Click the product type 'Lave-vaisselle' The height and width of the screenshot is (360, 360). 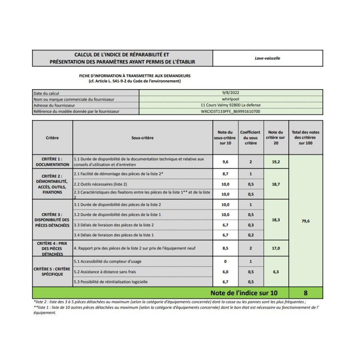267,58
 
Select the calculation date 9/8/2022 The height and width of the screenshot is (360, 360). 231,93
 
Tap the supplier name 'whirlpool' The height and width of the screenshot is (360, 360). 231,99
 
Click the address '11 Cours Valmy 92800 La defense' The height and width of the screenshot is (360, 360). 231,105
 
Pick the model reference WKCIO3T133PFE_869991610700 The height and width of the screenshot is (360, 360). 231,112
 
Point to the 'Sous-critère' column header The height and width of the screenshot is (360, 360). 142,138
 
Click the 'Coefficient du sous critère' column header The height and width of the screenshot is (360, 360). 250,138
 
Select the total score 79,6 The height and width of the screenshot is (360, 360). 305,221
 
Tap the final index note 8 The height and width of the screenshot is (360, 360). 305,293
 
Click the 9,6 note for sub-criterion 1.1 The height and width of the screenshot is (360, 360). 225,162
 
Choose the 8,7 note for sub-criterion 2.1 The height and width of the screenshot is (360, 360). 225,174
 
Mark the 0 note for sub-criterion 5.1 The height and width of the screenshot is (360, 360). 225,262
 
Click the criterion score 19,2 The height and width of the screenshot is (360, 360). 276,162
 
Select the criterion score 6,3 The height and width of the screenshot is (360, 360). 276,272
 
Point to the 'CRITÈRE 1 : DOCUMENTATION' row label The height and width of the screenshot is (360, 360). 52,162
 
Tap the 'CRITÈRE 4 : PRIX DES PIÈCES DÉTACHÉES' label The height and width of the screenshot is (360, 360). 52,249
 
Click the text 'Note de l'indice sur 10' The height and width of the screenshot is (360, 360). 244,293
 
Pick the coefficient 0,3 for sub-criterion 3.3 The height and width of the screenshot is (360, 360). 250,225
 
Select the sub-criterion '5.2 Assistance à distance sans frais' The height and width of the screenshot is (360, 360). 105,272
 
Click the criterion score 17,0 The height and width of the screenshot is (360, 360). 276,248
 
